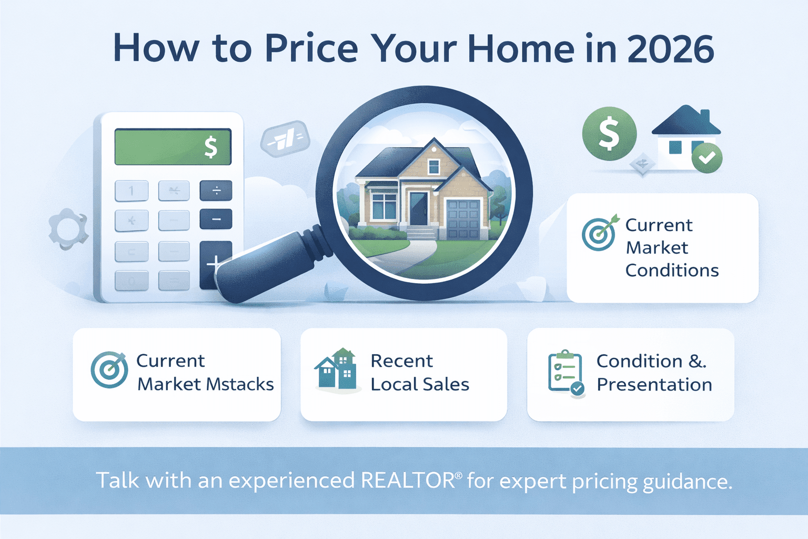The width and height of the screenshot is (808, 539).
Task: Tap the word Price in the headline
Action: (x=311, y=49)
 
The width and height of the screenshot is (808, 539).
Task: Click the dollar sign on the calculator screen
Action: (x=210, y=147)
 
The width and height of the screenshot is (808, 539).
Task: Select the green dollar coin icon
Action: (x=609, y=134)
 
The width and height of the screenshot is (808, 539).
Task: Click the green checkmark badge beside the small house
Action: (x=706, y=157)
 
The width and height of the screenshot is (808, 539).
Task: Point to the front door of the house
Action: (x=419, y=208)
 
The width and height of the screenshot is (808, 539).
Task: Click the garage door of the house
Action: (x=463, y=218)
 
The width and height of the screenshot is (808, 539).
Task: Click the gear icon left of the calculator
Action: (x=67, y=229)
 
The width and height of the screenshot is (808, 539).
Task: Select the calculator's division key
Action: (x=216, y=191)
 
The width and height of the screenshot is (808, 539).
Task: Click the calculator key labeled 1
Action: (x=132, y=191)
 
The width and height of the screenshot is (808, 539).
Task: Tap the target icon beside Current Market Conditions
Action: (x=599, y=234)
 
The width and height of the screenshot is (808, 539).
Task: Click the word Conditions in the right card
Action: (x=672, y=271)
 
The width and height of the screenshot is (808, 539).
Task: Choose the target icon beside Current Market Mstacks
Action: (x=109, y=370)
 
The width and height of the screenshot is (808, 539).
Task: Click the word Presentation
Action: (x=654, y=385)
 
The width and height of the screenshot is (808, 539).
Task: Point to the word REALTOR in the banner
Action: (x=408, y=481)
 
